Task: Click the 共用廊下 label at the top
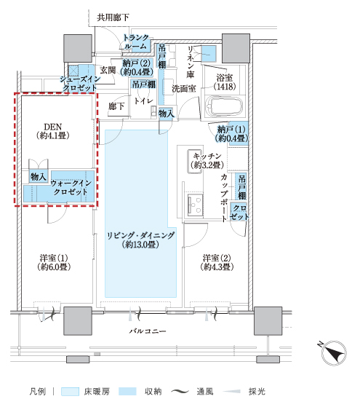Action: [x=113, y=17]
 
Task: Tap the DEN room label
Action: [x=53, y=127]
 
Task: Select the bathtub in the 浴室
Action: [x=224, y=106]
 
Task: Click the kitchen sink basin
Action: [x=195, y=161]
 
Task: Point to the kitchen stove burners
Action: [x=195, y=204]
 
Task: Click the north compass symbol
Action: [x=333, y=353]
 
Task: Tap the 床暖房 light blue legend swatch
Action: [x=70, y=392]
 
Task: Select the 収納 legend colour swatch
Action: [x=127, y=392]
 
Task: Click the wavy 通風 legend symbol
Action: [x=180, y=392]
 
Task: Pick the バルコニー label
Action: [x=148, y=331]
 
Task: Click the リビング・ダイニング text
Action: [x=141, y=236]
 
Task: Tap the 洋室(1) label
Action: [x=54, y=258]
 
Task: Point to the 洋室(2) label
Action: [x=217, y=258]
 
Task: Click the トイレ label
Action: [x=144, y=100]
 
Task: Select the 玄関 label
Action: [x=108, y=70]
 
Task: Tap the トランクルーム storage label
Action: [x=136, y=42]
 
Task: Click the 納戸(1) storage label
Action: [x=231, y=130]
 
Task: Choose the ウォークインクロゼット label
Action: [x=71, y=187]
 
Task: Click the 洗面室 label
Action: [x=183, y=89]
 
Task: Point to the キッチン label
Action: [x=207, y=156]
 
